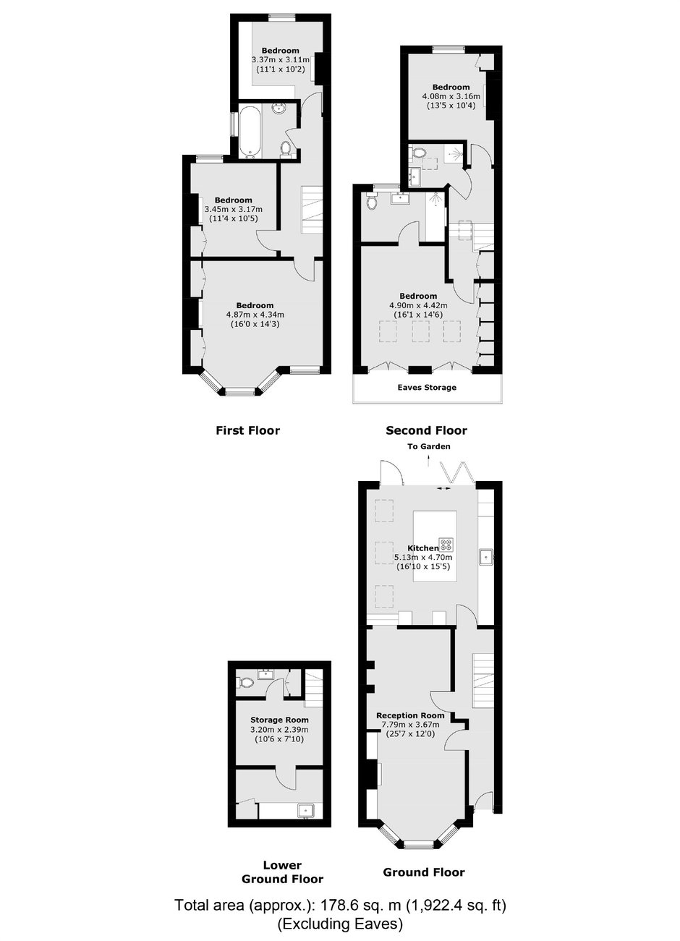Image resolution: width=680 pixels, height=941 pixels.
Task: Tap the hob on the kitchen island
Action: click(446, 545)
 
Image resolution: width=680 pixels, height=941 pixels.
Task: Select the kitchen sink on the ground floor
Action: click(486, 558)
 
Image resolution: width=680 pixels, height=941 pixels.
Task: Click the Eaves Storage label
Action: click(427, 388)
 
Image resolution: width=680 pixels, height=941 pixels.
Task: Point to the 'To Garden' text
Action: click(429, 446)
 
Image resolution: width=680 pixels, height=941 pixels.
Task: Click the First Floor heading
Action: click(247, 430)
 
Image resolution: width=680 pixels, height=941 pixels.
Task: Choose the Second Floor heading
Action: click(426, 430)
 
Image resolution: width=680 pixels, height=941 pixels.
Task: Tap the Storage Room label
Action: click(279, 720)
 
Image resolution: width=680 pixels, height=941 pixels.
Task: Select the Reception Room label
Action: click(410, 715)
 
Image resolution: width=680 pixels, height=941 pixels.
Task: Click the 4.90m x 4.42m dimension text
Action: click(417, 305)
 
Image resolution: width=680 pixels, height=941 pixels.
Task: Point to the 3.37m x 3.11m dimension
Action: click(281, 59)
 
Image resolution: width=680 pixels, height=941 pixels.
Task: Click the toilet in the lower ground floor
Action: click(245, 683)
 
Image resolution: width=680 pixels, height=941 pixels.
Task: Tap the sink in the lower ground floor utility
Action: click(305, 809)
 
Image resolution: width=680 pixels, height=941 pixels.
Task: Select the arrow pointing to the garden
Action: click(428, 461)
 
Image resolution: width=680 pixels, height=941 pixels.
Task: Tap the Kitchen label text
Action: click(422, 548)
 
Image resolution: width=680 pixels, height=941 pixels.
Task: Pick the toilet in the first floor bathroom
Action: click(286, 148)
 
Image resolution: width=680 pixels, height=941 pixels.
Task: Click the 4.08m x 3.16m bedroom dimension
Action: click(451, 96)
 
